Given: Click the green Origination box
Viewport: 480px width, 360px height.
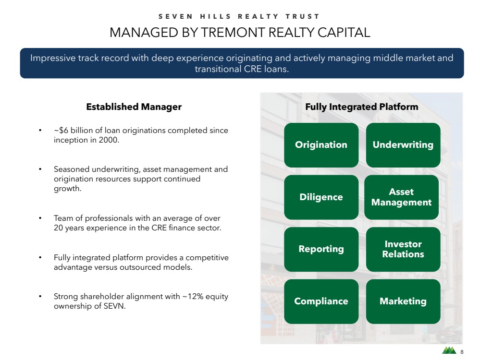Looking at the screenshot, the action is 321,145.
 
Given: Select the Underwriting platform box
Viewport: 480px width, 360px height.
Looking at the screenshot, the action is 403,145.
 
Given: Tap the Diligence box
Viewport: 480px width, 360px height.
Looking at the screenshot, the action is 321,197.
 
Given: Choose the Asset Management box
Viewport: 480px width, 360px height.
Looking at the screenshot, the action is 401,197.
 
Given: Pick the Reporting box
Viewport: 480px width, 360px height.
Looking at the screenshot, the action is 321,249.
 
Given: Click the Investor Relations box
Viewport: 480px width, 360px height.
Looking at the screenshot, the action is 403,249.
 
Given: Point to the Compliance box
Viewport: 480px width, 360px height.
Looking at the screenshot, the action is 321,301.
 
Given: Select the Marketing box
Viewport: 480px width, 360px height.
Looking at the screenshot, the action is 403,301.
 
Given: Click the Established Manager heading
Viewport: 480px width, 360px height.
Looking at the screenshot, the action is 134,107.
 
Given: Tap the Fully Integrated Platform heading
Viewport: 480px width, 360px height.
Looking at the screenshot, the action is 361,107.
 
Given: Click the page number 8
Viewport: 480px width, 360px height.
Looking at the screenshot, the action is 462,352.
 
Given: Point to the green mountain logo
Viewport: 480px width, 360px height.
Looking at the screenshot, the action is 449,350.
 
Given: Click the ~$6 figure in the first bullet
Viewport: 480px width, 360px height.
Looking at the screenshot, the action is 61,130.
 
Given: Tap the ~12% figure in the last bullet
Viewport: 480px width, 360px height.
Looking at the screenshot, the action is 193,296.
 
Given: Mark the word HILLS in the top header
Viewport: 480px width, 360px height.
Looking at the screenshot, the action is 216,16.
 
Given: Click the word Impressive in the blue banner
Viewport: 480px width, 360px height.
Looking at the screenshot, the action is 53,58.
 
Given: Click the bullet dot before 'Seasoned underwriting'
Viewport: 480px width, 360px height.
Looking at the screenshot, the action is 40,169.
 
